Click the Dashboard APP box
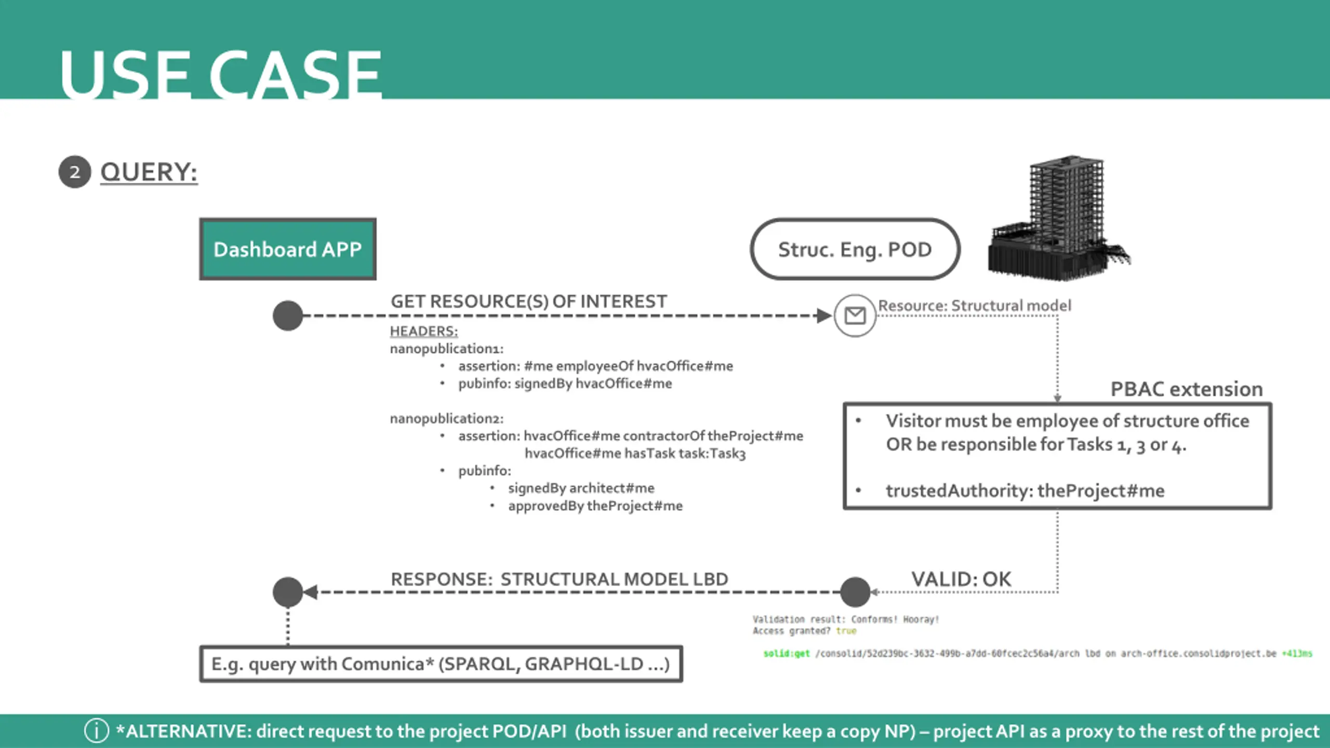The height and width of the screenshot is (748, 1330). click(x=288, y=249)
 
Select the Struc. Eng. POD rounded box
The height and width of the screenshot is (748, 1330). click(x=855, y=249)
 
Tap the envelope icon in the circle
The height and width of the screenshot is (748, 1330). click(x=855, y=315)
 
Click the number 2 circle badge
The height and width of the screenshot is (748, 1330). click(x=75, y=172)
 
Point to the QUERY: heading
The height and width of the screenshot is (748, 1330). click(x=149, y=172)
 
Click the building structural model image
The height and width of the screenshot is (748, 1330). click(x=1060, y=218)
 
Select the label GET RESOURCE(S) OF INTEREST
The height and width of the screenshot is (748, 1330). click(x=528, y=301)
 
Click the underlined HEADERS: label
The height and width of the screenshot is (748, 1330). click(x=423, y=331)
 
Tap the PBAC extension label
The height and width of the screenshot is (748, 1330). click(x=1186, y=389)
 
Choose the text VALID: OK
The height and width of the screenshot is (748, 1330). click(x=961, y=579)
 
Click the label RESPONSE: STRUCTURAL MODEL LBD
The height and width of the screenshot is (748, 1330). click(x=559, y=579)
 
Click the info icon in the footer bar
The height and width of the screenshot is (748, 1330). click(x=97, y=731)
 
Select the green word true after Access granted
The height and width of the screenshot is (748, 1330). click(x=846, y=631)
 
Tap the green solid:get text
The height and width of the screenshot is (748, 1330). click(x=786, y=653)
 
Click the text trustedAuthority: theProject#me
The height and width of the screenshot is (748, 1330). click(x=1025, y=490)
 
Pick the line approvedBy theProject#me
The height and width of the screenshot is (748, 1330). click(x=595, y=505)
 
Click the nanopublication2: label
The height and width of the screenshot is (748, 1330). click(x=446, y=418)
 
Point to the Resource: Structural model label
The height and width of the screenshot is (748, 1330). click(x=974, y=305)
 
